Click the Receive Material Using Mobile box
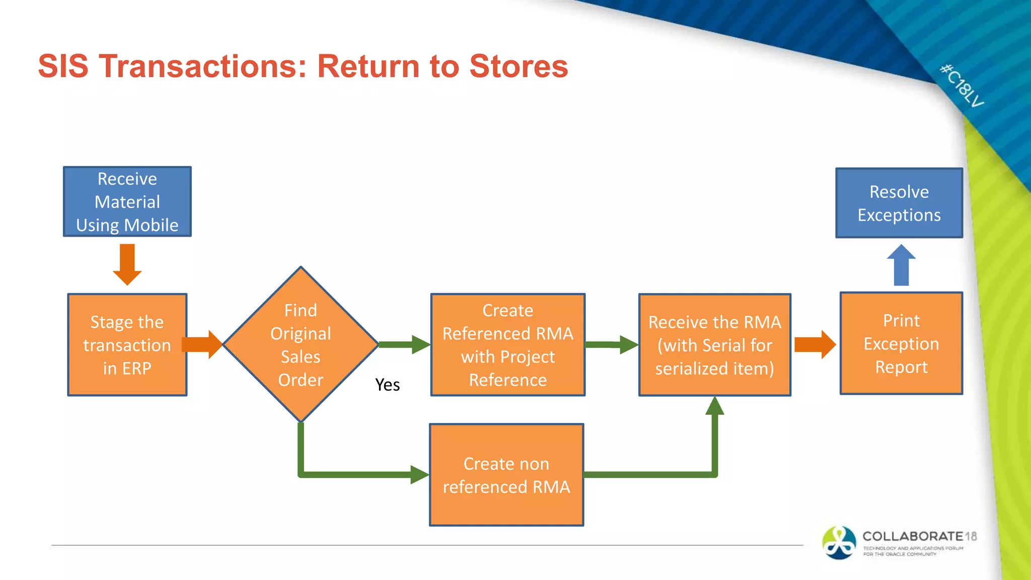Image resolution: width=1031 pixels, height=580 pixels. tap(127, 201)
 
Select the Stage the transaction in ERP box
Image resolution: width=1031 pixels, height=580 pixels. tap(127, 345)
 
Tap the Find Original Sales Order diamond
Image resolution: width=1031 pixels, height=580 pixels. tap(301, 345)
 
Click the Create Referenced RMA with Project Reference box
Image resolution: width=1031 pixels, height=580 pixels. tap(507, 345)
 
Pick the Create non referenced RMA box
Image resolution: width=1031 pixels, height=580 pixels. tap(506, 475)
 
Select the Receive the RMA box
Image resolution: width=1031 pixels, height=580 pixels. tap(714, 345)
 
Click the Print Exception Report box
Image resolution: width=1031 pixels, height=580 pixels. tap(901, 343)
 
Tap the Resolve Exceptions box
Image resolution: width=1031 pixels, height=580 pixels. tap(899, 203)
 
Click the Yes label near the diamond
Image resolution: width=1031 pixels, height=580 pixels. tap(387, 385)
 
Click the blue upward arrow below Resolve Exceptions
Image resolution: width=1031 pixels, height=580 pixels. tap(901, 265)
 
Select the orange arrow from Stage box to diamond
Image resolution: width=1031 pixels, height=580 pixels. tap(201, 345)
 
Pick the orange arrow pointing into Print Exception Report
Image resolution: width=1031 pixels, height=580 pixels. tap(815, 345)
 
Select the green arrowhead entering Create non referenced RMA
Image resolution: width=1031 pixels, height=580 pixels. tap(419, 474)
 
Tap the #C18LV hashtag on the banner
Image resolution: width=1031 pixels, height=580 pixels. tap(962, 86)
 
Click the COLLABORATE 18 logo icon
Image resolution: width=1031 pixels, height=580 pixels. tap(839, 543)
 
